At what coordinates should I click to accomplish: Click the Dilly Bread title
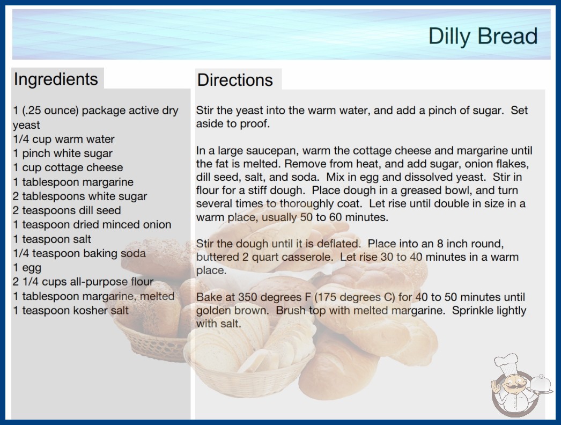[x=483, y=36]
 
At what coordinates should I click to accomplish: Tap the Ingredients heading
[x=56, y=79]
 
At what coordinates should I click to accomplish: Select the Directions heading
[x=235, y=80]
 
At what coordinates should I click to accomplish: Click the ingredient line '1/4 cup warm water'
[x=64, y=139]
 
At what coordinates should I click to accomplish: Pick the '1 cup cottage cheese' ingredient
[x=68, y=167]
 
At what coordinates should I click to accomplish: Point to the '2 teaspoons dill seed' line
[x=67, y=210]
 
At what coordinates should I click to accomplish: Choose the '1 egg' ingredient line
[x=27, y=268]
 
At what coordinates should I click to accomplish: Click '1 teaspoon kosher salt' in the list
[x=71, y=310]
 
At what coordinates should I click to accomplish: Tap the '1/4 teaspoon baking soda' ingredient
[x=79, y=253]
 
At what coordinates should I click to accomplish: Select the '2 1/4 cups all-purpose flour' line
[x=83, y=282]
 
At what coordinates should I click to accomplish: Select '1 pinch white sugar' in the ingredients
[x=63, y=153]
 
